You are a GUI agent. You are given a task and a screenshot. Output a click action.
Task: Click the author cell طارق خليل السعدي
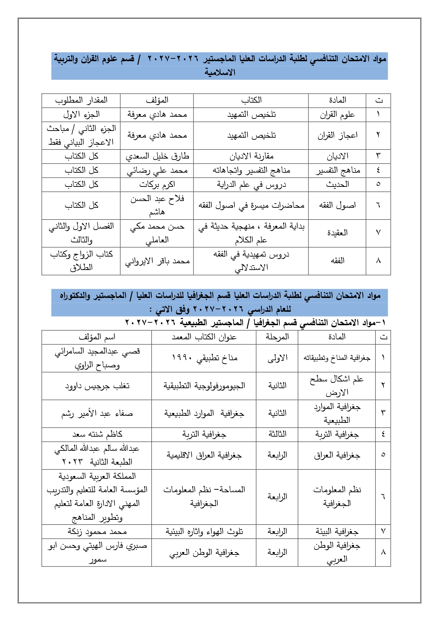point(157,156)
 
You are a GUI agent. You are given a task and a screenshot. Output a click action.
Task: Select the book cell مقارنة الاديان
point(251,156)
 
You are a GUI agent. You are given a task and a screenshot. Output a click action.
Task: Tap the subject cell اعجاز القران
point(337,136)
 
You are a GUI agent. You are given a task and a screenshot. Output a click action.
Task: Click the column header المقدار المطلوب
point(81,100)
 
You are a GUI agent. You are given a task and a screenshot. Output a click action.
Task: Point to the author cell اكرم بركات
point(157,184)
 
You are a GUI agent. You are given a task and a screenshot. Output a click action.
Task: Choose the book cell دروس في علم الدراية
point(251,184)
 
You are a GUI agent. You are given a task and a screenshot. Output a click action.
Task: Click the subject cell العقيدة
point(337,233)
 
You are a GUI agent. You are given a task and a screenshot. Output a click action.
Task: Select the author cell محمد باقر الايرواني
point(157,261)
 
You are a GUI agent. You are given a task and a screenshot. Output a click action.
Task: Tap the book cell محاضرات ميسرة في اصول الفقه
point(251,205)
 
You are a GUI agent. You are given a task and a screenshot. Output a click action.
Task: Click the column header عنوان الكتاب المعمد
point(204,337)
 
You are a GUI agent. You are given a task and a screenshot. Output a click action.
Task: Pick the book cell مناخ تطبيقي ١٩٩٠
point(204,358)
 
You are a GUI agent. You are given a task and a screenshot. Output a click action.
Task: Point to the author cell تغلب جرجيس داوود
point(97,386)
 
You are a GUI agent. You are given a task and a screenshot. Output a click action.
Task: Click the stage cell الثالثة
point(277,435)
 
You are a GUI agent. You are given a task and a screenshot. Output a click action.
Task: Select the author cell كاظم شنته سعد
point(97,435)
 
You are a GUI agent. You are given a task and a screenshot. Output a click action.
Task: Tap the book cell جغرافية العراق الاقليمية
point(204,455)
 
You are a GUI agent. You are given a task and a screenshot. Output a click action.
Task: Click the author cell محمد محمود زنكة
point(97,531)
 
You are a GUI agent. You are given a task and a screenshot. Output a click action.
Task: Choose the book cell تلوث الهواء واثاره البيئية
point(204,531)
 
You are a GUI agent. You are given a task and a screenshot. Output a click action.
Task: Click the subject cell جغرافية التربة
point(337,435)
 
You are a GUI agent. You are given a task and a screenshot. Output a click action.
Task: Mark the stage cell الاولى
point(277,358)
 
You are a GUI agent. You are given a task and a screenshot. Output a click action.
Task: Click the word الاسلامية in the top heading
point(220,73)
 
